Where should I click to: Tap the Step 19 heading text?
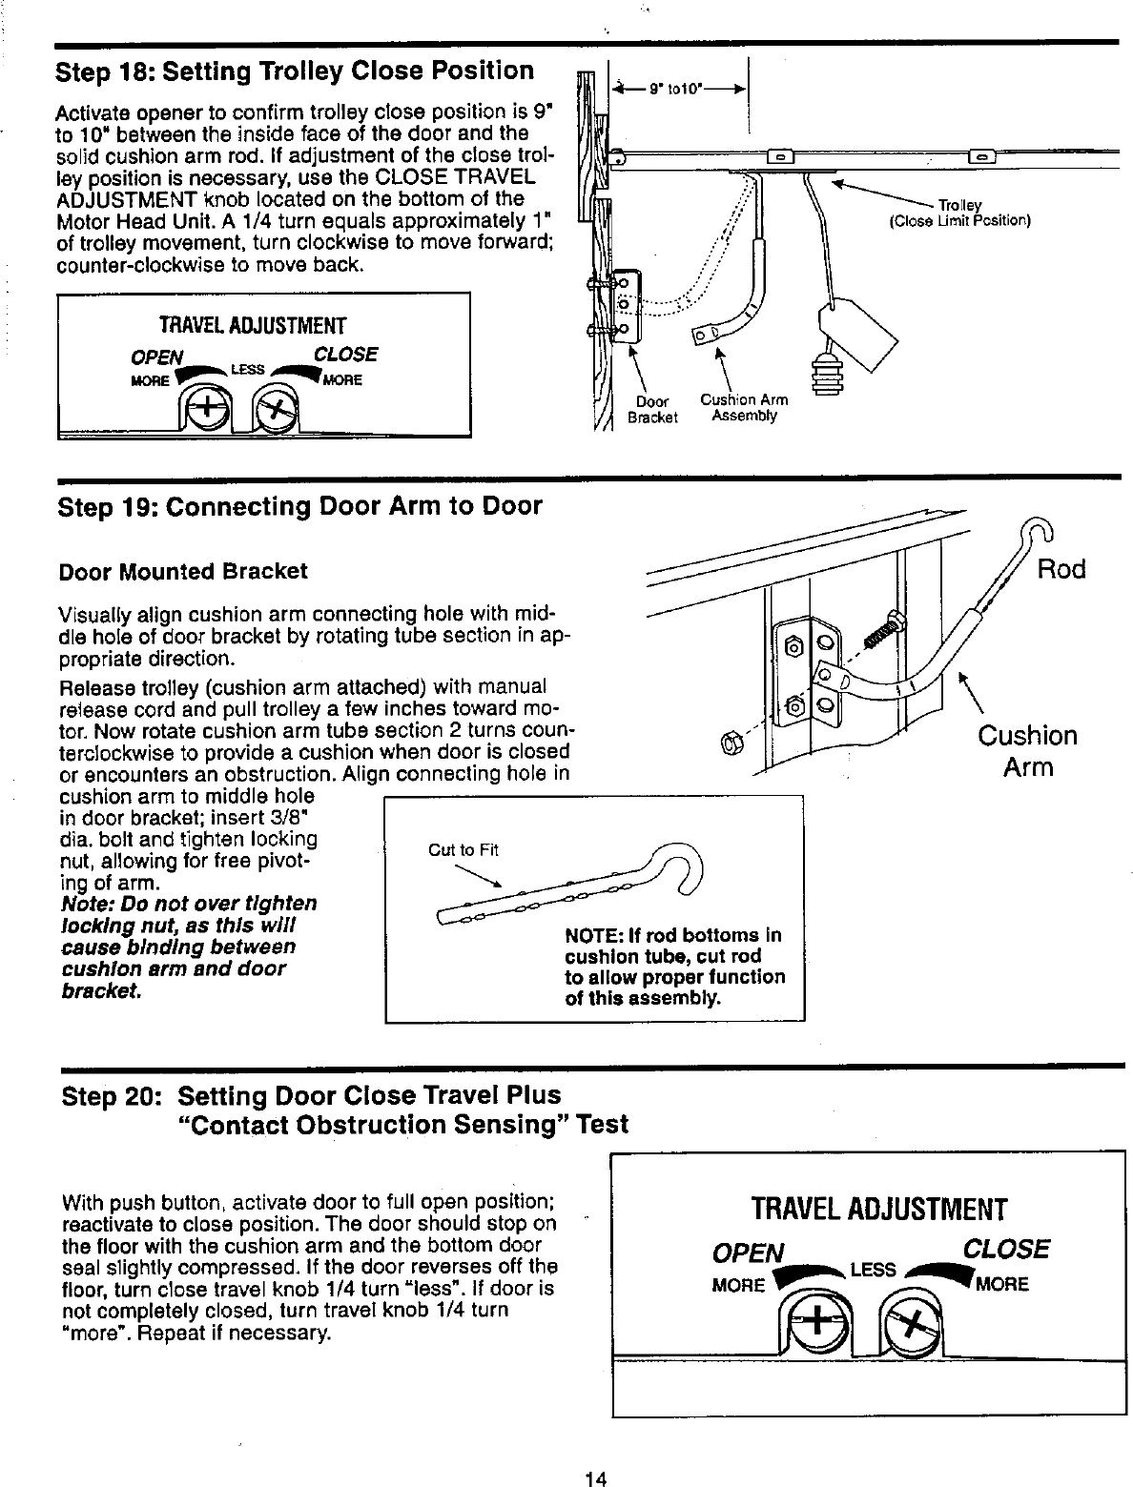[x=299, y=506]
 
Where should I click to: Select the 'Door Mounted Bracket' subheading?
[x=183, y=571]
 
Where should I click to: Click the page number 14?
[x=596, y=1478]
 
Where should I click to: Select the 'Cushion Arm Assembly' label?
[x=744, y=408]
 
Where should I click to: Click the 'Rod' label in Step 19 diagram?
[x=1061, y=570]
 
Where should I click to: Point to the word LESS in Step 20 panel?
[x=872, y=1270]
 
